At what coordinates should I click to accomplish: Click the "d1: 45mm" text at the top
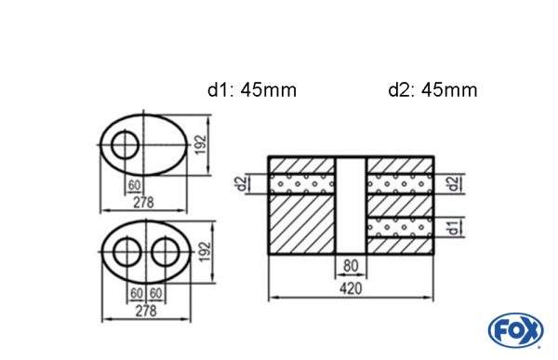252,90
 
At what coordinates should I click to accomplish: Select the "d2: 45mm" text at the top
432,90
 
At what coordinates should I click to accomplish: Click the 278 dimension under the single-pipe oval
143,202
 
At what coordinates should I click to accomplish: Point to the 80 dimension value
351,266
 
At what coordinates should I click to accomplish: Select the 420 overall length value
351,289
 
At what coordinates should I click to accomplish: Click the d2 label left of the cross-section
242,183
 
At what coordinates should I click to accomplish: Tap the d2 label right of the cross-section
452,183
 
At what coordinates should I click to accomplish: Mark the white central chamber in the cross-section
351,205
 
